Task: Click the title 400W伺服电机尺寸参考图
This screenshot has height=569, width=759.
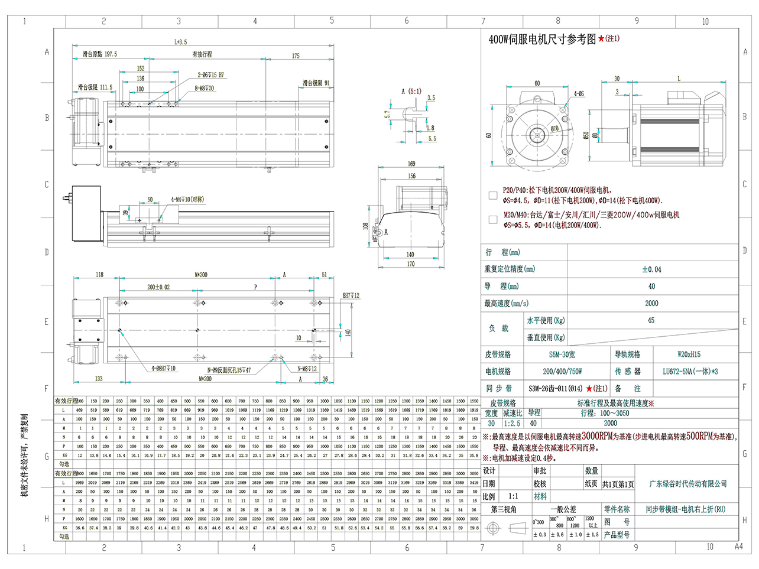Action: [542, 39]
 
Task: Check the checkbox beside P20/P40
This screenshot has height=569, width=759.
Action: [493, 195]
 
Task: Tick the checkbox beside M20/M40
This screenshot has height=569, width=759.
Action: [493, 220]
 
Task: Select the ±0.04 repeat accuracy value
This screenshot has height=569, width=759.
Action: [651, 269]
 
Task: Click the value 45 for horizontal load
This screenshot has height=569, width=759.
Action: [651, 320]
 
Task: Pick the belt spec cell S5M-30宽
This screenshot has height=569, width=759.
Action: [562, 355]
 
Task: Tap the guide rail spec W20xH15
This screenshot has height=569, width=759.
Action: [689, 355]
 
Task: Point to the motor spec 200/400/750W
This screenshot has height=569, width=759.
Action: [562, 372]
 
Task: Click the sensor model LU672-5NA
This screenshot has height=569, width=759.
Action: [690, 372]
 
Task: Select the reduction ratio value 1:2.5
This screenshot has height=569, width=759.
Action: [512, 423]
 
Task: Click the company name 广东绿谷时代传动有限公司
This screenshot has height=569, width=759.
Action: [688, 484]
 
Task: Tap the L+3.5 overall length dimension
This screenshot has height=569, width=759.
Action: [180, 42]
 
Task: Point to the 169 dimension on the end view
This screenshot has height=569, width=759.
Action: [411, 164]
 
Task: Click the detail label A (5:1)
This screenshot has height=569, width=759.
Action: [411, 92]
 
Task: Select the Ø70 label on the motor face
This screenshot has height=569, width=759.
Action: [554, 128]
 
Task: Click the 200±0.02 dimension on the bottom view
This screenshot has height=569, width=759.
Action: [158, 287]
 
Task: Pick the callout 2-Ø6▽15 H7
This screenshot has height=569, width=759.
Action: [210, 75]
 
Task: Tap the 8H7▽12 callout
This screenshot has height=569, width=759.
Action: [351, 295]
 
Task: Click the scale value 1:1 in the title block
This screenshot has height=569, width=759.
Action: [513, 496]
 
